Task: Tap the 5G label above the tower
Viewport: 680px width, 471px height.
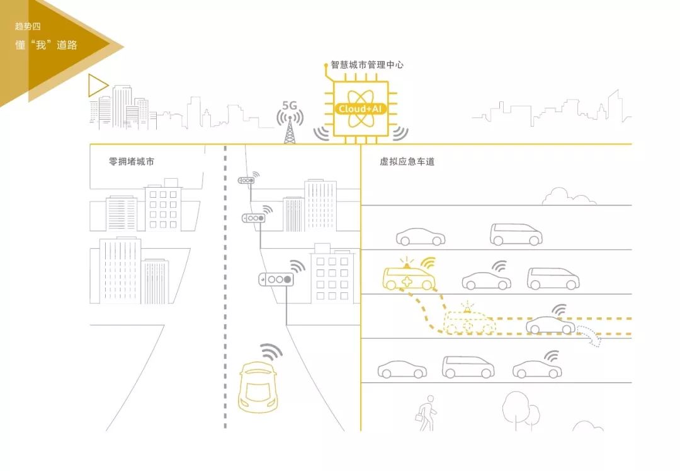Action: tap(290, 105)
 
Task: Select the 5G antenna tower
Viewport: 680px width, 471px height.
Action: tap(290, 130)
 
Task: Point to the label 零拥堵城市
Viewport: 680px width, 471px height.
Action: tap(131, 162)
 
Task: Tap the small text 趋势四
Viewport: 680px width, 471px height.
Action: tap(28, 26)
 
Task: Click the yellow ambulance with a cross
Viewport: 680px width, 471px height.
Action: tap(409, 278)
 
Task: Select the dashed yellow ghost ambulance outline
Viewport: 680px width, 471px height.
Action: tap(469, 323)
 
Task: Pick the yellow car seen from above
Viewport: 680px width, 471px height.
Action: tap(258, 386)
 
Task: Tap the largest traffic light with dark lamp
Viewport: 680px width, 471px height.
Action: tap(276, 279)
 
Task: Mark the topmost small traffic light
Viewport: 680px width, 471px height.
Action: tap(246, 181)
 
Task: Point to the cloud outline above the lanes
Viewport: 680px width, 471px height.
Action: tap(569, 196)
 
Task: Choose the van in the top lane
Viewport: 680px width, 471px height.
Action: tap(516, 235)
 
